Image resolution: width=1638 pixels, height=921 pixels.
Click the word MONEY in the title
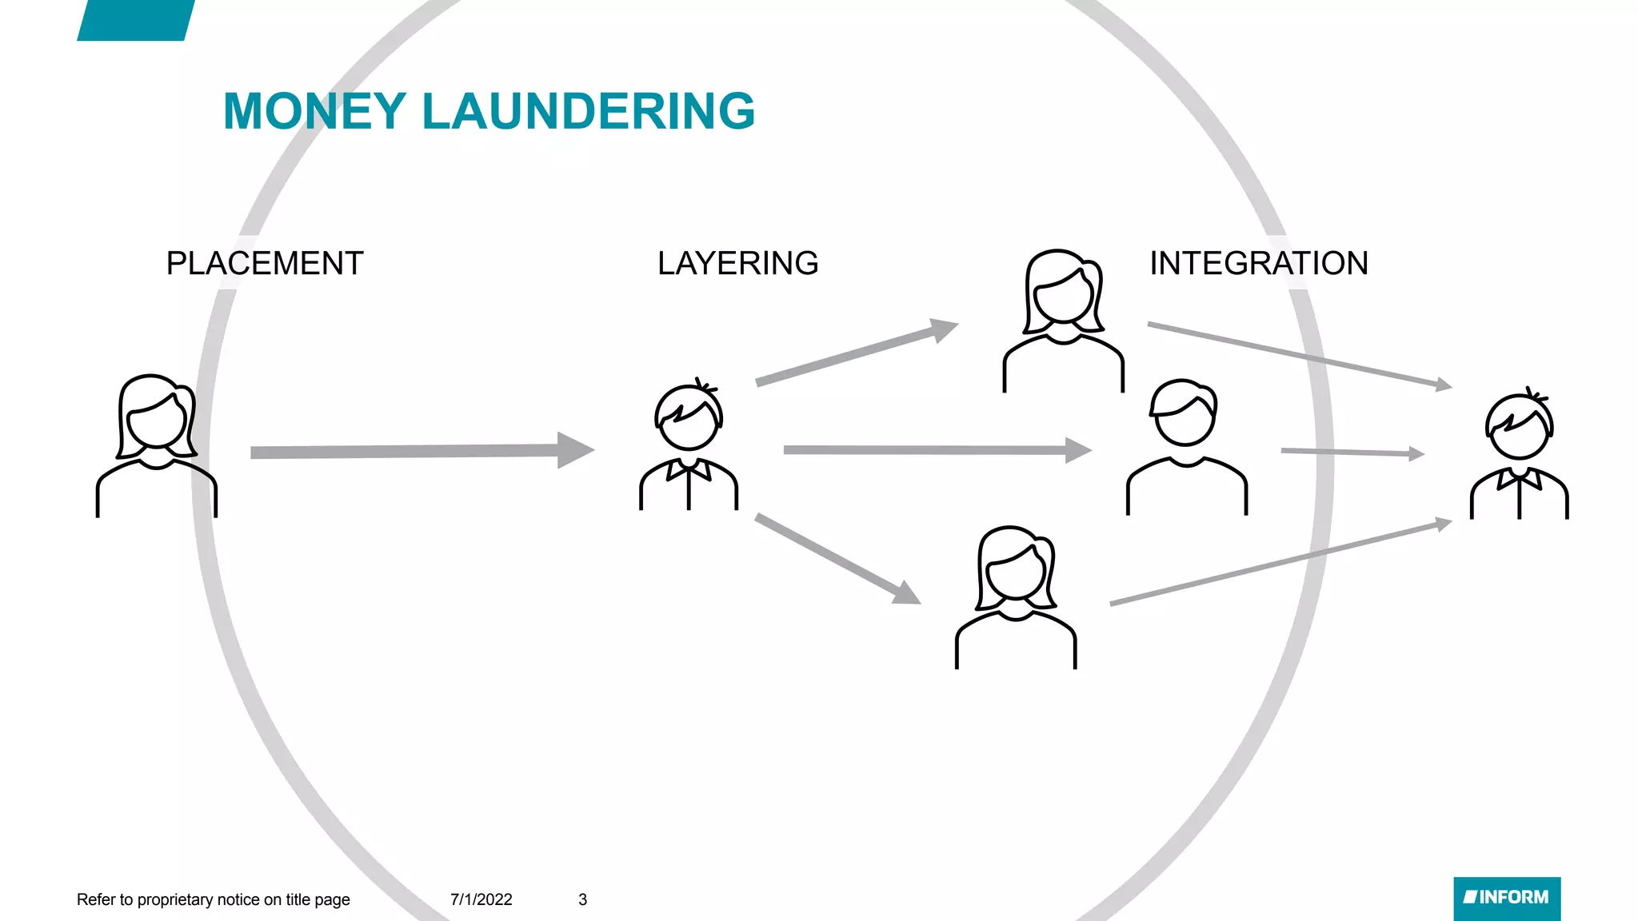coord(314,111)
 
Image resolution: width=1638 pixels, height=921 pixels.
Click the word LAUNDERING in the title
coord(588,111)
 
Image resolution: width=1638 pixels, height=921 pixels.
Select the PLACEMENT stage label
coord(265,263)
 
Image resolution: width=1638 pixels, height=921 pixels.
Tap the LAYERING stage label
coord(737,263)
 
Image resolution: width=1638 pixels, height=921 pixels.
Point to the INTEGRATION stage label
coord(1258,263)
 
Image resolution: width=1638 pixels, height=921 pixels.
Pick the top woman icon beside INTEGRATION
coord(1064,321)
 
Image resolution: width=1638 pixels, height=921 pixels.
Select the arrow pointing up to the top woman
coord(856,353)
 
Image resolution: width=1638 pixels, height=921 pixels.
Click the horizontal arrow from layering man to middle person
coord(937,450)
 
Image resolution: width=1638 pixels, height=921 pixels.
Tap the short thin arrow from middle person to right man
coord(1352,453)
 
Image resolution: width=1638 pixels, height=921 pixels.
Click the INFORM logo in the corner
coord(1507,898)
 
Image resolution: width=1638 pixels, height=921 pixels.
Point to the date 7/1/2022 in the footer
coord(481,899)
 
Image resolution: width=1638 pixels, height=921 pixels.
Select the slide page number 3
coord(583,899)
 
